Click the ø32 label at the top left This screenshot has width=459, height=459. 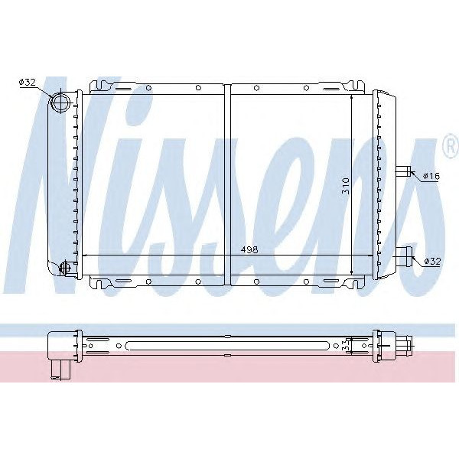coord(27,83)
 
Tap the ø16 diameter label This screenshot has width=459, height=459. coord(430,176)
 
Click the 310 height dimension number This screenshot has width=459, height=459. coord(345,186)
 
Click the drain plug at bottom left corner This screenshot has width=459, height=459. coord(64,268)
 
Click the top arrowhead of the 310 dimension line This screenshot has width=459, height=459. coord(351,97)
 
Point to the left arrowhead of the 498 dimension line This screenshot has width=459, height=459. coord(84,256)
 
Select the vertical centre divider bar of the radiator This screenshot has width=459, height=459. coord(227,184)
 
